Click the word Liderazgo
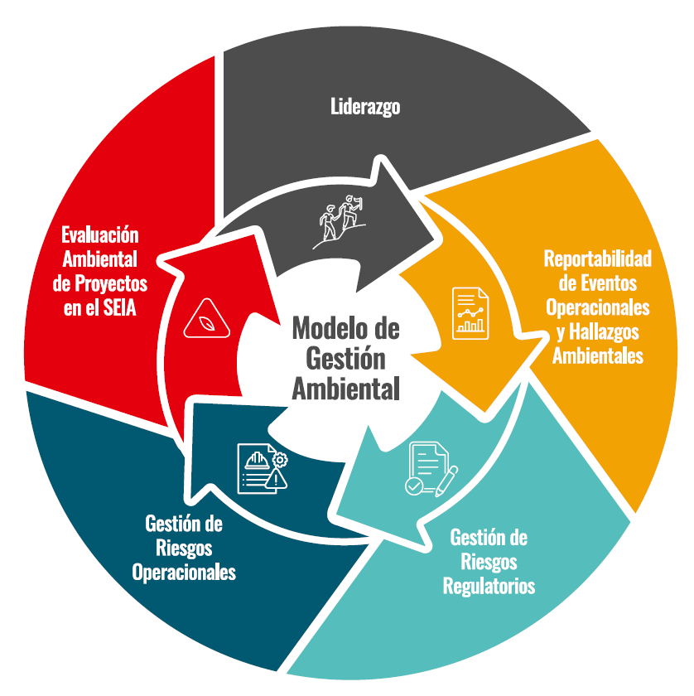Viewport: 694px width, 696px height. pos(365,107)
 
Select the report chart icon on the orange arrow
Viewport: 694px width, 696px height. pos(470,312)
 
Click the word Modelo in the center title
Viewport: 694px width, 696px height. pos(324,328)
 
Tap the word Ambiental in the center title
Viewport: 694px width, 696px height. pos(345,388)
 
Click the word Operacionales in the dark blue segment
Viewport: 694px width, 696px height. pos(184,572)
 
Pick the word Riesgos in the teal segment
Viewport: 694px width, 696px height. pos(489,563)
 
